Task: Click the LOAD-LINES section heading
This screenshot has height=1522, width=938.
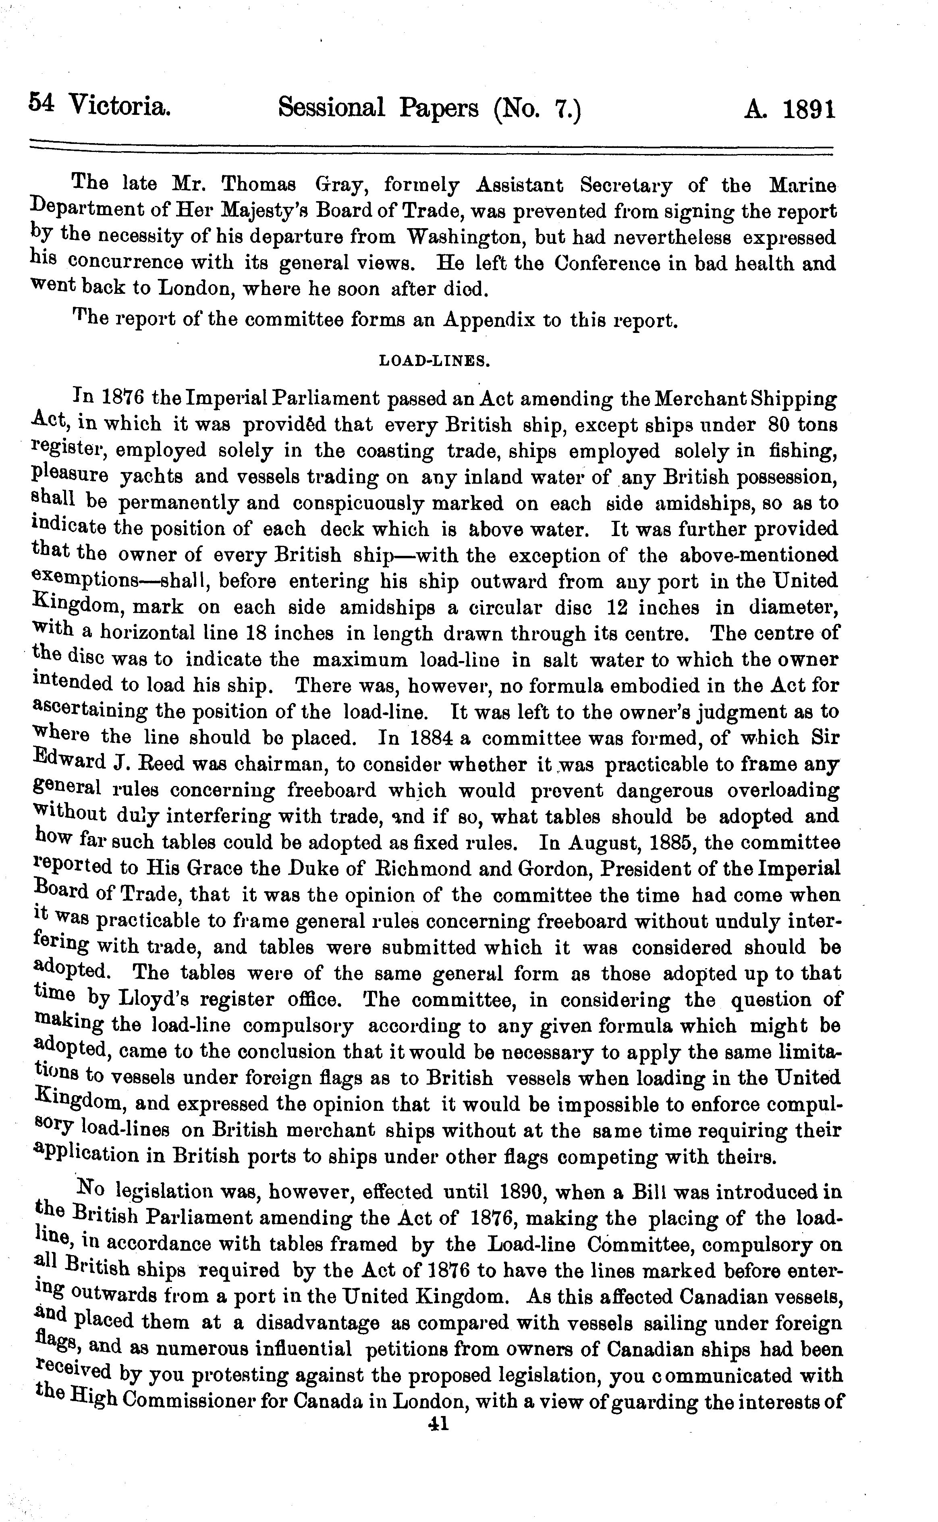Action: click(434, 361)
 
